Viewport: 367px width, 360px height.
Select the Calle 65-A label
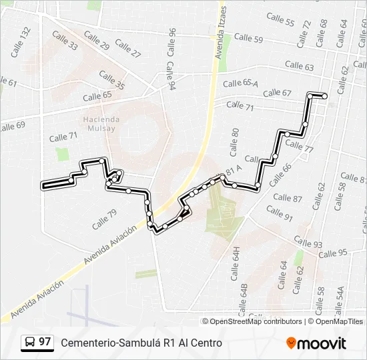(240, 83)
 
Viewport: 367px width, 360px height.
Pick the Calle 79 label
(104, 219)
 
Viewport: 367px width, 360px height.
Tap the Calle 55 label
(280, 19)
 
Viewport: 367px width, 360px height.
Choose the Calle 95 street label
(333, 253)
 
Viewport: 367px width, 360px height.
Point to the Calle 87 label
(288, 198)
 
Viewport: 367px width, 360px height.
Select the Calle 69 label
(12, 126)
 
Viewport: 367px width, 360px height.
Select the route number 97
(45, 342)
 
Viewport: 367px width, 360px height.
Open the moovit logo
(316, 343)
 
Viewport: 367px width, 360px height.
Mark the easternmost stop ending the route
(324, 96)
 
